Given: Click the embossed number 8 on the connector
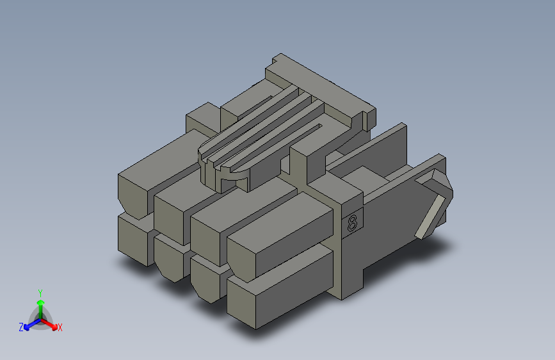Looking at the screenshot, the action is tap(352, 223).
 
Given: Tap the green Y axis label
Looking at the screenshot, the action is tap(40, 293).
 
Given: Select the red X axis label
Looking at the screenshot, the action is tap(60, 327).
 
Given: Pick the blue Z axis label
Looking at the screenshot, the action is tap(21, 327).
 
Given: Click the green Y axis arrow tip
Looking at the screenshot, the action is tap(41, 302).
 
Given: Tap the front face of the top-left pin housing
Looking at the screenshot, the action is tap(133, 197).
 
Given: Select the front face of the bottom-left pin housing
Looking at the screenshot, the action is tap(133, 240).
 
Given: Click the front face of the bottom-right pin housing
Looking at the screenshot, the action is tap(241, 303).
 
